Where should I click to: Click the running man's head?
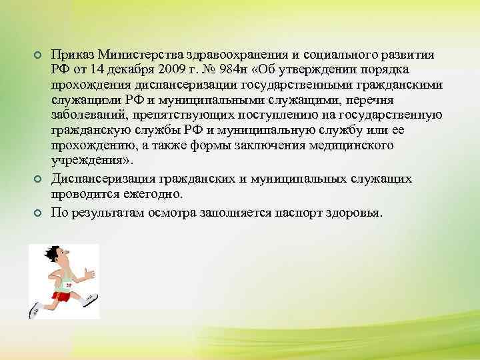click(53, 255)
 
